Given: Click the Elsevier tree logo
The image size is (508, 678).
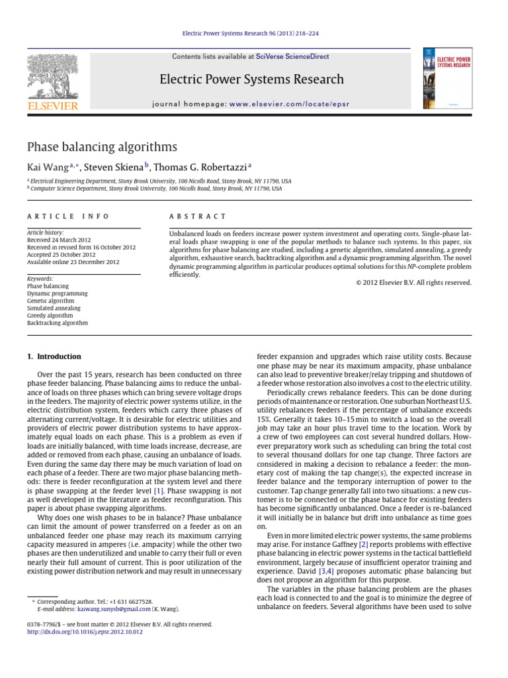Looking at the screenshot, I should click(52, 79).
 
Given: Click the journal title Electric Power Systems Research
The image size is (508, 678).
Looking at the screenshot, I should click(252, 80).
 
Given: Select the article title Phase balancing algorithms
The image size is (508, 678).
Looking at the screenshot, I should click(101, 147).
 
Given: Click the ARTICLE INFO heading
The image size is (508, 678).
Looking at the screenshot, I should click(68, 217).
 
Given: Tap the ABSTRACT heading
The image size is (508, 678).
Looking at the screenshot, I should click(198, 217).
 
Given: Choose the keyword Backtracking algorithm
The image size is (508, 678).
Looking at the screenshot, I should click(57, 323).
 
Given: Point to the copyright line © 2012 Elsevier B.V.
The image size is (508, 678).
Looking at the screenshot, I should click(410, 282).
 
